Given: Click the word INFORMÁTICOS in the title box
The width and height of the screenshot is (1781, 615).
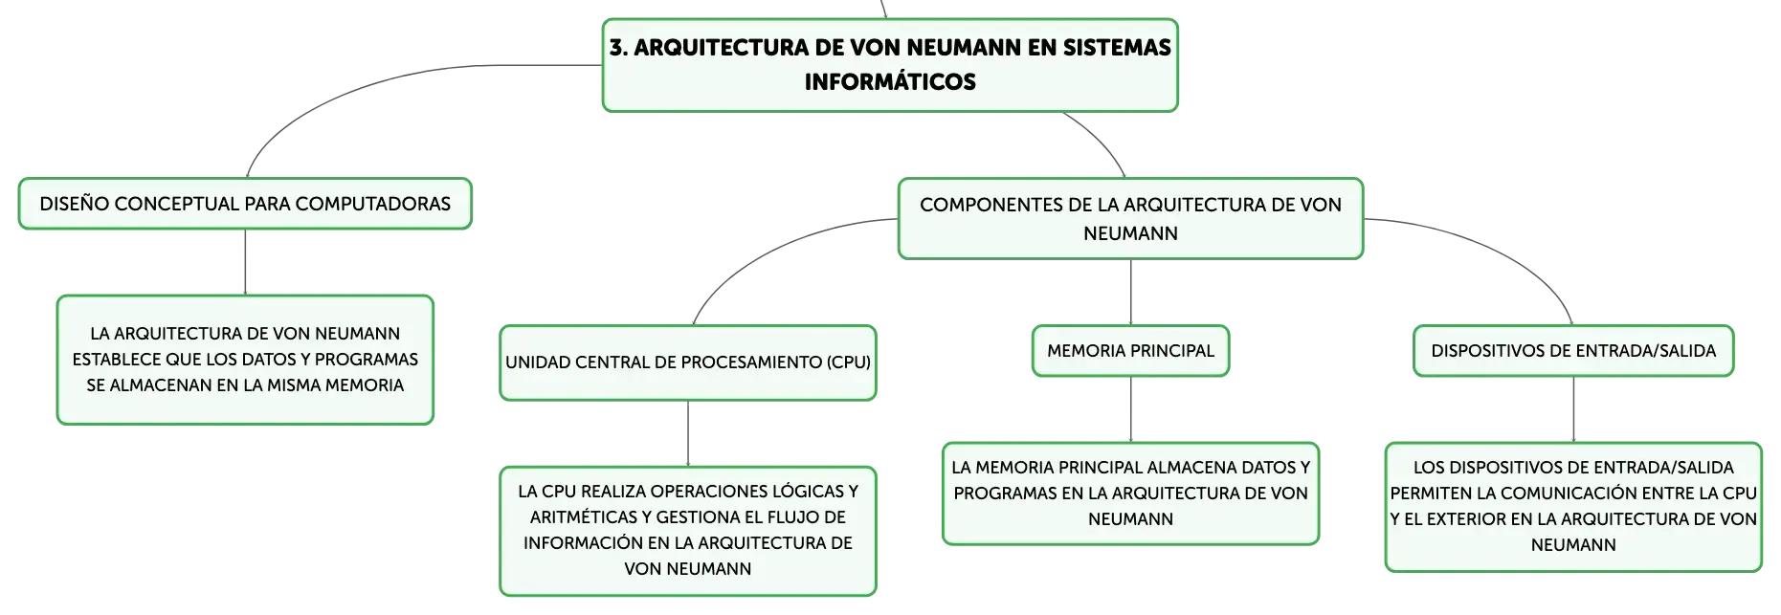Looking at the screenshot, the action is (890, 82).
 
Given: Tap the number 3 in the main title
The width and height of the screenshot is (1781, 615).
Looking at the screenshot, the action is (617, 48).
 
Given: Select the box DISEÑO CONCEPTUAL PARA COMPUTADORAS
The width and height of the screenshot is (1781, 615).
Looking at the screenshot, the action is (245, 204).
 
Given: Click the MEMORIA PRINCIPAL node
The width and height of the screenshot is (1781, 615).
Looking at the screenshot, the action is (1130, 351).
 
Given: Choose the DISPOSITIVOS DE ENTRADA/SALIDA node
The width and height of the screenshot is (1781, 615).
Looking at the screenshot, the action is (1573, 351).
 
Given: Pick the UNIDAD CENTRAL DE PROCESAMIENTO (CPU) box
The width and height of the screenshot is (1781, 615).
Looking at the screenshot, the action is (688, 362).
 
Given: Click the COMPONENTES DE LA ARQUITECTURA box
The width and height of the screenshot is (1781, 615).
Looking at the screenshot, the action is (1130, 218).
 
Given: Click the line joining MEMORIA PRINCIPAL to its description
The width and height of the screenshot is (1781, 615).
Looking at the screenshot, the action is (1130, 409).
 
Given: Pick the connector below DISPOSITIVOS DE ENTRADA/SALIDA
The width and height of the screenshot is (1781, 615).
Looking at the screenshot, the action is (1573, 409).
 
